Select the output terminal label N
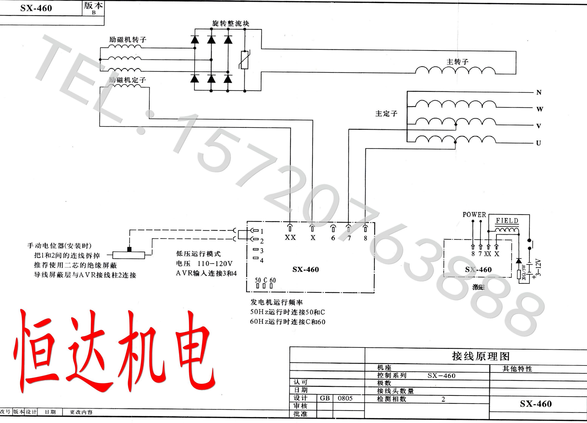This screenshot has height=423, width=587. coord(539,92)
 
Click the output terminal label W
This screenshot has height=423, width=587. coord(540,109)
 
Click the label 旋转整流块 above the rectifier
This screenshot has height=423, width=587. coord(231,24)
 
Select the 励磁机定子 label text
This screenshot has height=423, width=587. coord(127,80)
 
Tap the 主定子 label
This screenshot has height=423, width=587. coord(386,113)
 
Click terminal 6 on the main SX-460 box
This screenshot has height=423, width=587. coord(333,238)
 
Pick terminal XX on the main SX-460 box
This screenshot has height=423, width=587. coord(290,237)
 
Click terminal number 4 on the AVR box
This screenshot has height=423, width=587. coord(262,260)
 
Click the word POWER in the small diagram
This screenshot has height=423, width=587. coord(474,215)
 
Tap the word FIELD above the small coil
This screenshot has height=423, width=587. coord(507,221)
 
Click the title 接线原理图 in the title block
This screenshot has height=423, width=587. coord(481,356)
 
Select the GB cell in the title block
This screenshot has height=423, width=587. coord(325,398)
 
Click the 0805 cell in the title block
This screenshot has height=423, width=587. coord(345,398)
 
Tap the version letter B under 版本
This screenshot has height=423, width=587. coord(94,12)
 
